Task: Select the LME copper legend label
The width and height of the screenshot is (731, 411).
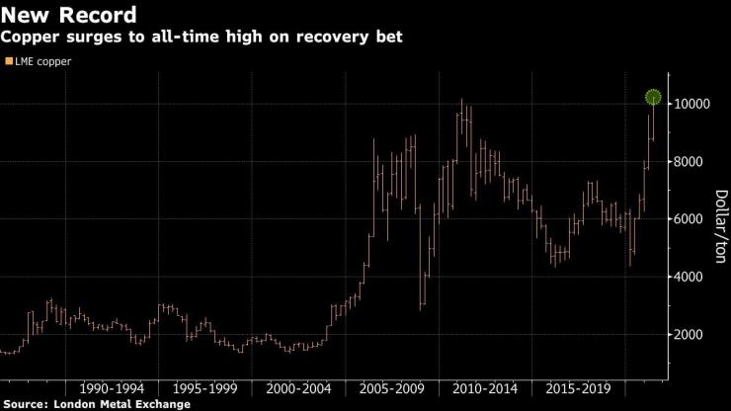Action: pyautogui.click(x=45, y=61)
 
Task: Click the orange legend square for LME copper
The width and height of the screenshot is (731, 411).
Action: pyautogui.click(x=9, y=61)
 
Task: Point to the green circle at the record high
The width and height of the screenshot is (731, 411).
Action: pyautogui.click(x=653, y=97)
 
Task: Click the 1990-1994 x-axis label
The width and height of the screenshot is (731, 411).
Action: pyautogui.click(x=110, y=387)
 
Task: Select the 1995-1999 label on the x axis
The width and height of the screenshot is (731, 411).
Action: pyautogui.click(x=203, y=387)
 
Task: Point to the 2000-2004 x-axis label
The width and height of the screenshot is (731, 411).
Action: pyautogui.click(x=297, y=387)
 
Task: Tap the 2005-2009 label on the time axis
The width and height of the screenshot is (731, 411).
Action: pyautogui.click(x=391, y=387)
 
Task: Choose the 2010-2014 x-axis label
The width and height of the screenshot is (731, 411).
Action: pyautogui.click(x=484, y=387)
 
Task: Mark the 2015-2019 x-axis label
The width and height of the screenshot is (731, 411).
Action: pyautogui.click(x=578, y=387)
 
